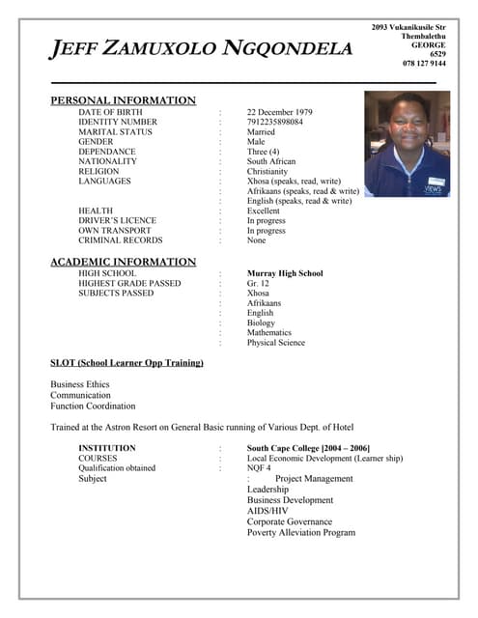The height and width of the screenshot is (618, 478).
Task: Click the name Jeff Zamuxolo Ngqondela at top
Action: tap(201, 48)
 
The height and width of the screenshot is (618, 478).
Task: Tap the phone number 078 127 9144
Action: tap(424, 64)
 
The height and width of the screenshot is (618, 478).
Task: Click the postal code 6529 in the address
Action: tap(436, 54)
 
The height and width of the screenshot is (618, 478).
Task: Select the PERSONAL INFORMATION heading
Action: tap(123, 100)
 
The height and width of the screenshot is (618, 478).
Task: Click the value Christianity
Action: tap(267, 171)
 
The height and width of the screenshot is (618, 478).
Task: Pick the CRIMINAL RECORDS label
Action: tap(121, 240)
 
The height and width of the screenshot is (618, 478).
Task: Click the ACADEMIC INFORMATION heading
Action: tap(123, 262)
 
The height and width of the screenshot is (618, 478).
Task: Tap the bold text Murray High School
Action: tap(285, 273)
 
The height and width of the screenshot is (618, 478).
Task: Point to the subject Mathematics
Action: tap(274, 332)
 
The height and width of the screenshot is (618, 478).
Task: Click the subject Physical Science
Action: tap(275, 342)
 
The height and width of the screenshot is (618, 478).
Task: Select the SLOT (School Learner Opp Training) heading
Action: tap(127, 363)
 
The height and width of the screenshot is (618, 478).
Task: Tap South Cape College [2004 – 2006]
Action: tap(308, 448)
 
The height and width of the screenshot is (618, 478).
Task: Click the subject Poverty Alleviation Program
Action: tap(301, 532)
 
